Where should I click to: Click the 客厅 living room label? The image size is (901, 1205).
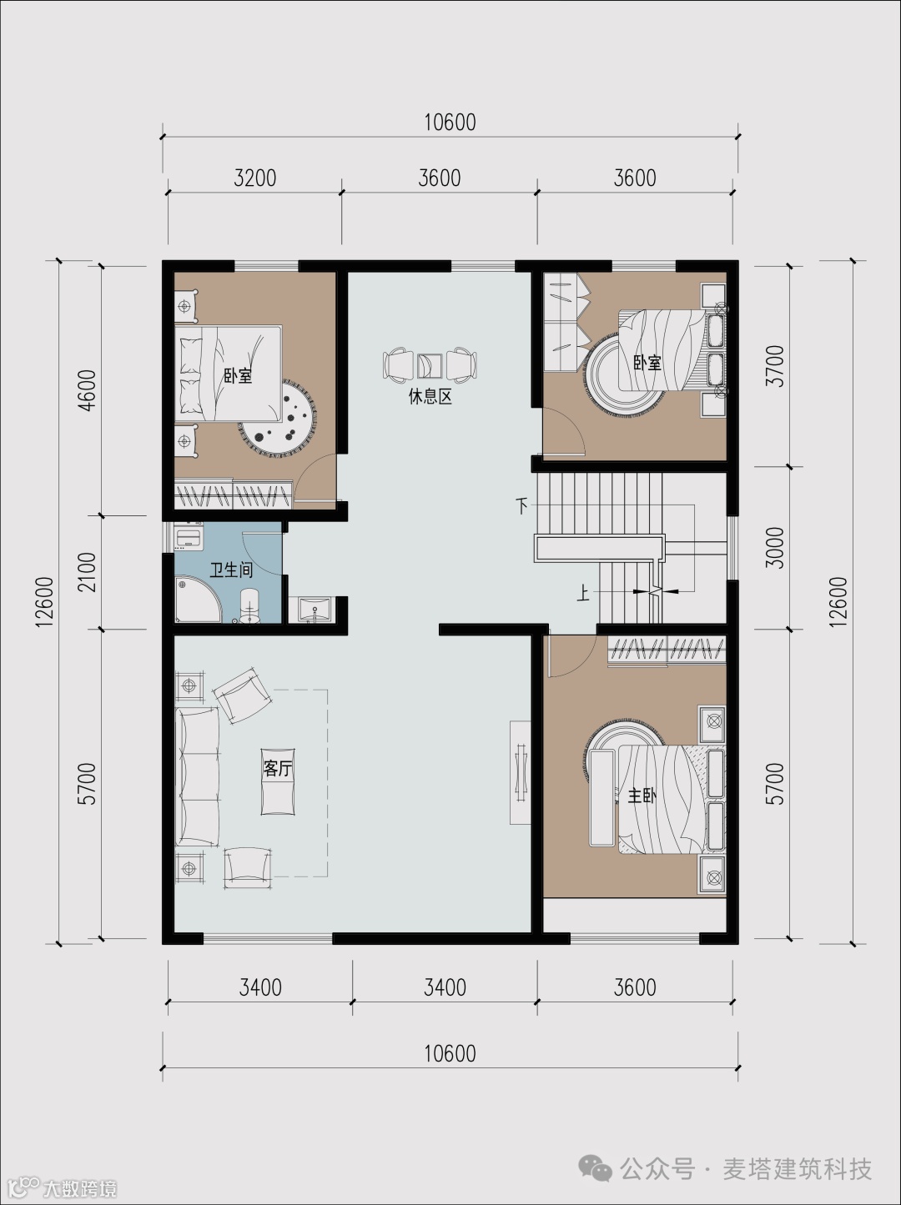[278, 768]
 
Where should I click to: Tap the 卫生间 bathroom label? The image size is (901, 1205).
[231, 570]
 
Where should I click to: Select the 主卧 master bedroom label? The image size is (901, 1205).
[642, 796]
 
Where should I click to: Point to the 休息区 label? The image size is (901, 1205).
[430, 396]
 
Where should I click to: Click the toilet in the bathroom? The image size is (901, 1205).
[249, 606]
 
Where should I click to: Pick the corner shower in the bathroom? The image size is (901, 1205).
[197, 600]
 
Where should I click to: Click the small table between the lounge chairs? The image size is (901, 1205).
[430, 365]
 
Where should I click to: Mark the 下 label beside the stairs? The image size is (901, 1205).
[521, 505]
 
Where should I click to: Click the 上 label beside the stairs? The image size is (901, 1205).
[582, 594]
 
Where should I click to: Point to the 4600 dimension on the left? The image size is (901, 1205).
[88, 389]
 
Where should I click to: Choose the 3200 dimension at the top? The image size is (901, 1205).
[254, 178]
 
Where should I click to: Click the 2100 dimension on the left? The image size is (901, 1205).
[88, 572]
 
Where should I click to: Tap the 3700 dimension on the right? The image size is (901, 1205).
[776, 365]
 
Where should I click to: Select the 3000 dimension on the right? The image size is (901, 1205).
[776, 547]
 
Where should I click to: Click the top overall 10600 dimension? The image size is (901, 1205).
[450, 123]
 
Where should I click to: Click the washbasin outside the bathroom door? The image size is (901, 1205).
[314, 610]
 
